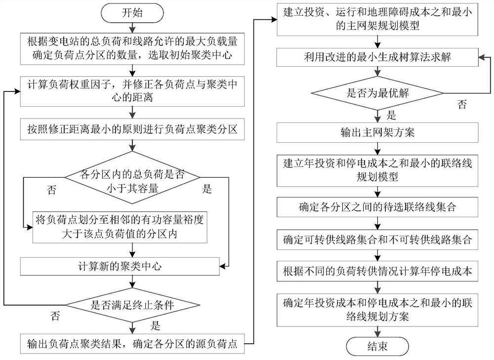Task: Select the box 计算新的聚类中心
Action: (x=132, y=267)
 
